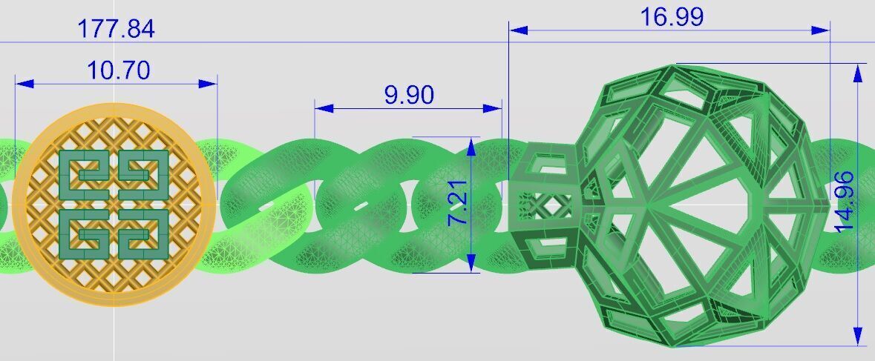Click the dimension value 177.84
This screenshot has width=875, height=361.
117,29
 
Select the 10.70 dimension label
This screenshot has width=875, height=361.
118,70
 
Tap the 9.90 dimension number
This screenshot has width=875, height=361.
409,95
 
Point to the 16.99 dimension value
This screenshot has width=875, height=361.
672,17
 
